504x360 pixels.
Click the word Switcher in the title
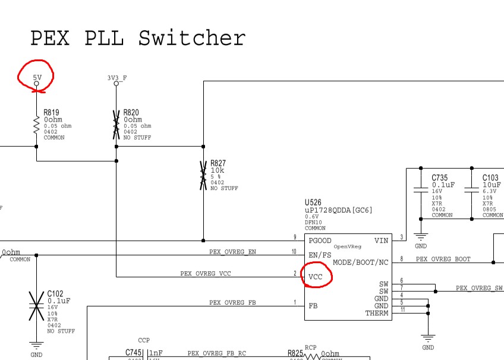[x=192, y=39]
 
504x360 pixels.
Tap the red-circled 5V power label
[x=37, y=77]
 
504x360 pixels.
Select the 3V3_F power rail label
[x=116, y=77]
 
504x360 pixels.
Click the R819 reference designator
[x=51, y=113]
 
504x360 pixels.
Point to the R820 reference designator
[x=131, y=113]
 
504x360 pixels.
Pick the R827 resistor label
[x=218, y=163]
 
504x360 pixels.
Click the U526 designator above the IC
[x=314, y=203]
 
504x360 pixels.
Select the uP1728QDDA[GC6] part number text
[x=338, y=210]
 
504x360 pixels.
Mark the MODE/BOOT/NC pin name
[x=361, y=262]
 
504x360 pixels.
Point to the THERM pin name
[x=377, y=313]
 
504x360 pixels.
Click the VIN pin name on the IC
[x=381, y=241]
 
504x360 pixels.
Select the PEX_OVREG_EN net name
[x=232, y=252]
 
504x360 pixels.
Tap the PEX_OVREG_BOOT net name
[x=443, y=259]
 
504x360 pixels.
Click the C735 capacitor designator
[x=440, y=178]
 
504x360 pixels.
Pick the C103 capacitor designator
[x=490, y=178]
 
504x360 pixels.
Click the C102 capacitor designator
[x=55, y=293]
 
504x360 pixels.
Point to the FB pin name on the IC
[x=313, y=306]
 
